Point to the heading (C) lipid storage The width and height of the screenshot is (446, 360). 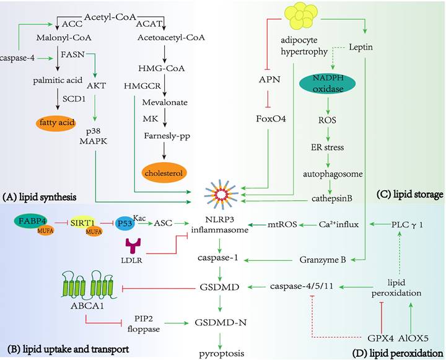pyautogui.click(x=409, y=195)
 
